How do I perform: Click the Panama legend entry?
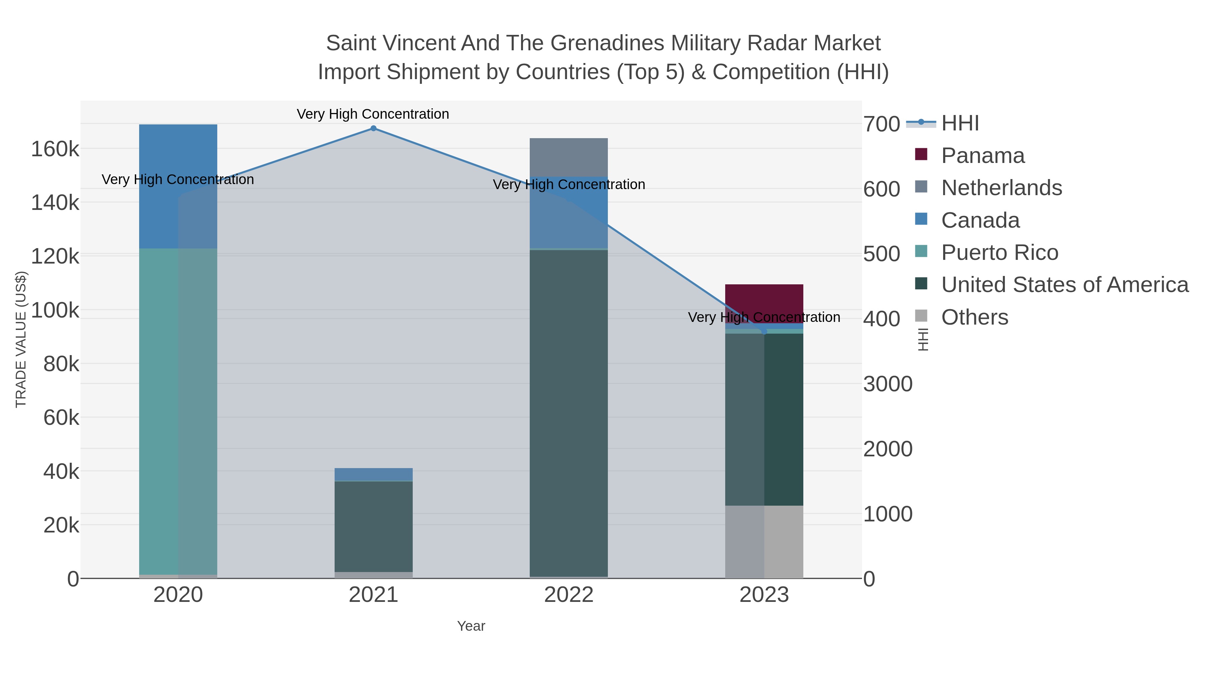983,156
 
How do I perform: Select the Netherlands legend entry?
1001,188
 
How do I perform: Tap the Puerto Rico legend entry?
999,252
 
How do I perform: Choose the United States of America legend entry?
1065,285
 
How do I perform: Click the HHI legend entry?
960,123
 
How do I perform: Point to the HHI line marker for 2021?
373,128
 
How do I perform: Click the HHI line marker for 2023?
764,331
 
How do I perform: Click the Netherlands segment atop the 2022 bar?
569,157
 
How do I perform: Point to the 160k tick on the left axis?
55,150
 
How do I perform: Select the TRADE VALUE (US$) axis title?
21,339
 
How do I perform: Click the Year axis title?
471,626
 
